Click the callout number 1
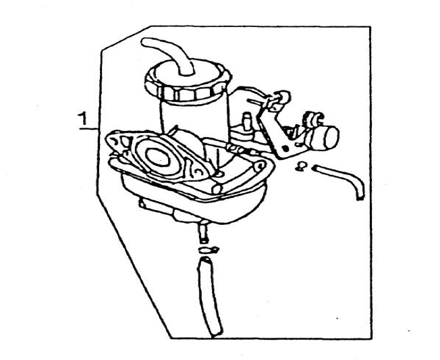pos(83,118)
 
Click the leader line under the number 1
pos(88,129)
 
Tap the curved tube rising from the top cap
pos(168,55)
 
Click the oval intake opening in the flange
pos(158,157)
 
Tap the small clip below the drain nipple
pos(209,250)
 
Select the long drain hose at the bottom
pos(210,297)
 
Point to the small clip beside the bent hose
pos(302,166)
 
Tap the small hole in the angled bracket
pos(285,149)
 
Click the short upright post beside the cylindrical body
pos(247,122)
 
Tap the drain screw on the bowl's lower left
pos(146,204)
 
